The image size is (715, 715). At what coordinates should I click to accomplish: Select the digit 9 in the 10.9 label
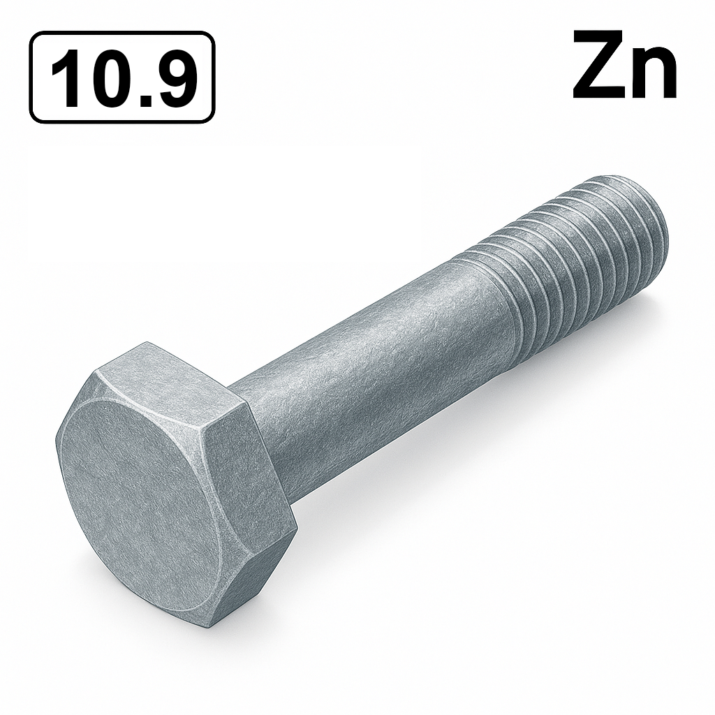click(x=171, y=78)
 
